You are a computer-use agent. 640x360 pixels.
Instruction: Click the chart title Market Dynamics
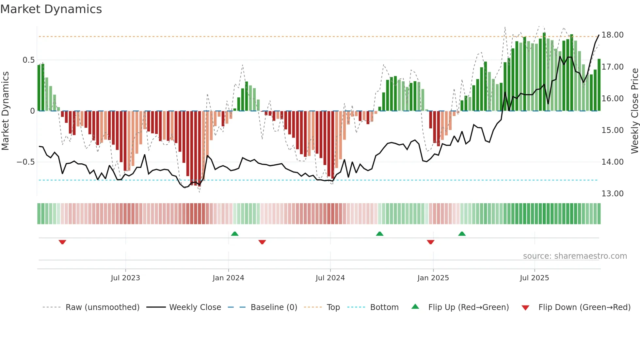pos(51,9)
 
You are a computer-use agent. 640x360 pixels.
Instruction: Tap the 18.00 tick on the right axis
pos(612,35)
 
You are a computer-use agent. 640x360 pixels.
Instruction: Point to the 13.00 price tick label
pos(612,194)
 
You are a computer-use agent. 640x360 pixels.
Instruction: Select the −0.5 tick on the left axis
pos(26,162)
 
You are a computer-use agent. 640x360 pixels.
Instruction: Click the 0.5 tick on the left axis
pos(28,60)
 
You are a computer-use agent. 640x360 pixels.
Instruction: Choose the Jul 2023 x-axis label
pos(125,278)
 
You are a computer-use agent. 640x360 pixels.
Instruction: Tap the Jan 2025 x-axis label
pos(433,278)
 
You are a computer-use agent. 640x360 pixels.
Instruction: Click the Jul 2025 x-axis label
pos(534,278)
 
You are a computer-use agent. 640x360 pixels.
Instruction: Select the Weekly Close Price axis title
pos(634,111)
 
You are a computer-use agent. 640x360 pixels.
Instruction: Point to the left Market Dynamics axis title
pos(5,111)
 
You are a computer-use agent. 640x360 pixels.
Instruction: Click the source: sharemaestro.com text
pos(575,256)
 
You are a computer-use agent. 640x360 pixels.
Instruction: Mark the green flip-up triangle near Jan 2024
pos(234,234)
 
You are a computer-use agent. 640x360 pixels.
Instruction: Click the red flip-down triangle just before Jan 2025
pos(430,242)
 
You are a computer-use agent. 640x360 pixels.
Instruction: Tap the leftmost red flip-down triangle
pos(62,242)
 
